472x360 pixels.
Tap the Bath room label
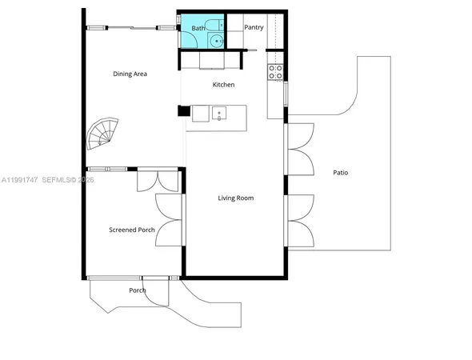(198, 28)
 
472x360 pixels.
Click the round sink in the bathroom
(217, 39)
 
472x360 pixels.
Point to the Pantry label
(254, 27)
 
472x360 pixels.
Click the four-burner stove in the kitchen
(275, 73)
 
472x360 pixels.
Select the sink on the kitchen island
(220, 114)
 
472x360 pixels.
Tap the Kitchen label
(223, 84)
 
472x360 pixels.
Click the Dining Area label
(130, 74)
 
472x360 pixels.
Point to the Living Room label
(235, 198)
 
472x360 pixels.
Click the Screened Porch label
(132, 230)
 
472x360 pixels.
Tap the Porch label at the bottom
(138, 290)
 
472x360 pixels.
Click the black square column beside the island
(183, 113)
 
